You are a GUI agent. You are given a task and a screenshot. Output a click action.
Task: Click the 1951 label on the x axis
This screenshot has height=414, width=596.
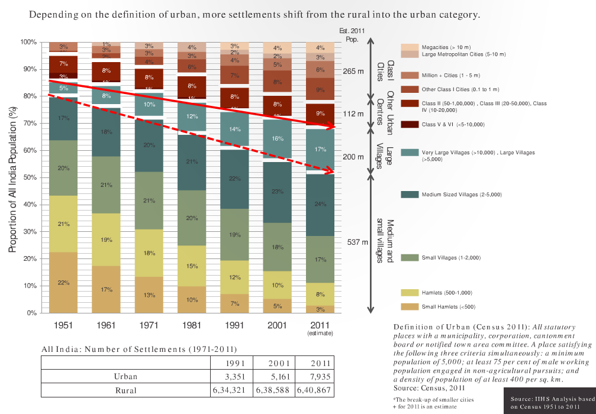click(x=63, y=325)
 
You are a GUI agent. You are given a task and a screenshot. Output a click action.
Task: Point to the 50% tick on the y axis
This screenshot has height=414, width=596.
click(x=29, y=177)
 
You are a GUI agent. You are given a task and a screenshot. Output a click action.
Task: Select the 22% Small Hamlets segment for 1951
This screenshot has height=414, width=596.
click(x=63, y=282)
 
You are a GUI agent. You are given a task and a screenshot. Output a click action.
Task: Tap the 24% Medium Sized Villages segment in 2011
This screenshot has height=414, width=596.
click(x=320, y=205)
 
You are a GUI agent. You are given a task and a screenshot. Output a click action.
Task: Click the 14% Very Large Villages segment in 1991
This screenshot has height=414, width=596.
click(x=234, y=130)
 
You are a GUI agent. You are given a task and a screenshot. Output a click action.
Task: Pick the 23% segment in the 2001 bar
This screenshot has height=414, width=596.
click(x=277, y=192)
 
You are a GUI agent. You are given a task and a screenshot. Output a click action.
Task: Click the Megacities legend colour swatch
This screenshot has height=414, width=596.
click(x=410, y=47)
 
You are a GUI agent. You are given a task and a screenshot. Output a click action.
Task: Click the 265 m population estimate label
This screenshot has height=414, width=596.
click(x=353, y=72)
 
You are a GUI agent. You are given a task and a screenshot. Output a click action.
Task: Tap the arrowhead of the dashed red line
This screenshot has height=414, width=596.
click(x=329, y=172)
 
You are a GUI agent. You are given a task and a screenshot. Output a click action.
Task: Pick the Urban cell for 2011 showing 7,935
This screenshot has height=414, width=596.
click(x=319, y=376)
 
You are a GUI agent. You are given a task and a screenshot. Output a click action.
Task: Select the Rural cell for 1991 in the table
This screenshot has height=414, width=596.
click(x=232, y=390)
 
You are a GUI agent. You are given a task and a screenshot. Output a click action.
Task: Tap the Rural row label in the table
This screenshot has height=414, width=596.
click(x=125, y=390)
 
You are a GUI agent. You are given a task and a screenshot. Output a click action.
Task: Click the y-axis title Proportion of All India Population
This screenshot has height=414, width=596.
click(x=12, y=177)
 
